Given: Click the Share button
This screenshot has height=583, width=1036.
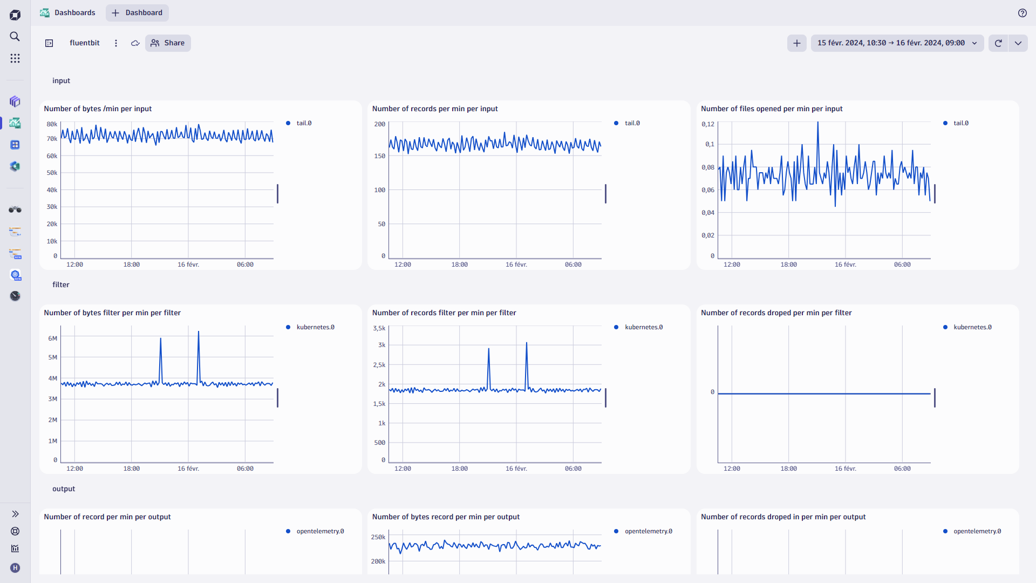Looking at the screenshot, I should point(168,43).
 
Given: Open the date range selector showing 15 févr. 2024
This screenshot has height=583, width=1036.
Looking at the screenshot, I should point(896,43).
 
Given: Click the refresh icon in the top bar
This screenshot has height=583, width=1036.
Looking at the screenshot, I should point(998,43).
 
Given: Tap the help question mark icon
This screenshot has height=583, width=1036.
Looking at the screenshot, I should point(1022,13).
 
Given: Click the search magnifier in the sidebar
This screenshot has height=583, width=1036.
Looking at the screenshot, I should point(15,36).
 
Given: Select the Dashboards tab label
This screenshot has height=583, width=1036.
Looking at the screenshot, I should point(74,13).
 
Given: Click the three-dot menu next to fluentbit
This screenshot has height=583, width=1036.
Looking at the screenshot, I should point(116,43).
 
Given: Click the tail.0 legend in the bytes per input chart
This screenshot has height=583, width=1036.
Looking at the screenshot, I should point(304,123).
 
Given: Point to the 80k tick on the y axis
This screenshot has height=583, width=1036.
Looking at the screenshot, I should point(52,124).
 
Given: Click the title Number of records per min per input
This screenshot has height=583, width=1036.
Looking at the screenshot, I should point(435,109).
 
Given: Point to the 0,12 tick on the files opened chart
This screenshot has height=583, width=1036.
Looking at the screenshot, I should point(707,124).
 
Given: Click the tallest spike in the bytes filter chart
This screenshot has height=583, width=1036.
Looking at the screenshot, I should point(199,333).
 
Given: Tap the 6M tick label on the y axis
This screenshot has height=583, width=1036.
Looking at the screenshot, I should point(52,338).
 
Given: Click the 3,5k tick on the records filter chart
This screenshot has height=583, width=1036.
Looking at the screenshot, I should point(379,328).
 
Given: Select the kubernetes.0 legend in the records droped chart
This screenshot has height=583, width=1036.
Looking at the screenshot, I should point(972,327).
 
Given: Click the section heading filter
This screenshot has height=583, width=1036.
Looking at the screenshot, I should point(61,284).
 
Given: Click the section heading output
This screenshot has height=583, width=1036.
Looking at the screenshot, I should point(64,489).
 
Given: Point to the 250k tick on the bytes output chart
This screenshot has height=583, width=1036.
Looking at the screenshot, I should point(378,537).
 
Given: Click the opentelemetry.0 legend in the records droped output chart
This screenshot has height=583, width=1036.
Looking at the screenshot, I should point(977,531).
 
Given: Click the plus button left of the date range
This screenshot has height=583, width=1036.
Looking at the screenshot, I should point(796,43).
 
